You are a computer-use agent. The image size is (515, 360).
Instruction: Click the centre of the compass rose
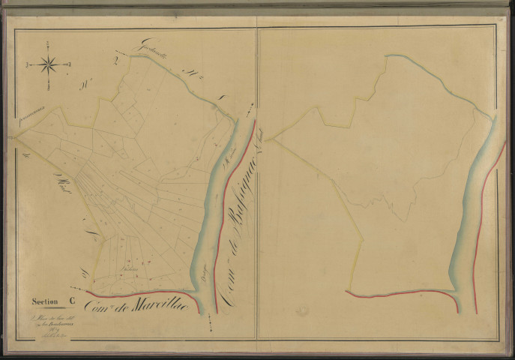[49, 64]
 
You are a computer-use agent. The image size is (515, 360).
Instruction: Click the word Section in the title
[44, 302]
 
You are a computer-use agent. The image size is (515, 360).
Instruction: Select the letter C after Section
[71, 302]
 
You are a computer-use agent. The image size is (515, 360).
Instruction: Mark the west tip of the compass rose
[28, 65]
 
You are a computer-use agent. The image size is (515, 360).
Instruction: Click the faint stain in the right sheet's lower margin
[301, 309]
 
